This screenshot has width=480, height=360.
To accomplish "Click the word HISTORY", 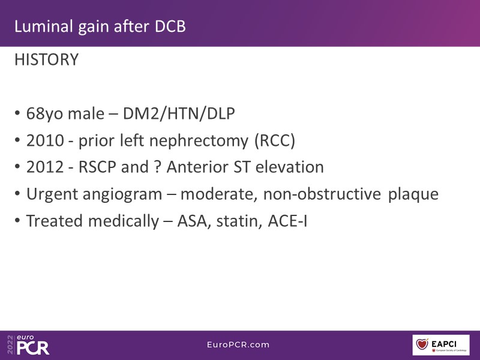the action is [x=47, y=59].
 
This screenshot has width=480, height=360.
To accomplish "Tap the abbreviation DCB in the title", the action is [x=170, y=26].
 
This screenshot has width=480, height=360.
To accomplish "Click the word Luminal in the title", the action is [x=43, y=26].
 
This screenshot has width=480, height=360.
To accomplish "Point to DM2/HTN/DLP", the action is [x=179, y=113].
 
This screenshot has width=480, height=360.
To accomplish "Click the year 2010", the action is [x=45, y=140].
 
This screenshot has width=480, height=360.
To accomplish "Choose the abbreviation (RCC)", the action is [x=275, y=141].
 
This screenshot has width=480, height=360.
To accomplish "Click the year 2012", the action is [x=45, y=167].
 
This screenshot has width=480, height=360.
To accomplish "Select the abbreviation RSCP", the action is [x=97, y=167].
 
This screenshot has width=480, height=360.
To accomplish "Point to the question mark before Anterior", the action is [x=157, y=167].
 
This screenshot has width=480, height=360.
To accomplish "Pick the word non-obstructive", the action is [x=322, y=194].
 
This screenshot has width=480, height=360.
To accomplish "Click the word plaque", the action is [x=413, y=194].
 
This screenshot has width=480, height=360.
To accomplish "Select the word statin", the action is [x=239, y=221].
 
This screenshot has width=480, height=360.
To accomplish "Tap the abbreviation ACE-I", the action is [x=287, y=221].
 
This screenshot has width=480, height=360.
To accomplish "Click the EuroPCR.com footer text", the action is [x=238, y=344].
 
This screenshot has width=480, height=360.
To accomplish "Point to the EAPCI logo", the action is [x=441, y=345].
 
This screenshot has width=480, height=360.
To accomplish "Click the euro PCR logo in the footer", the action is [x=28, y=345].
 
